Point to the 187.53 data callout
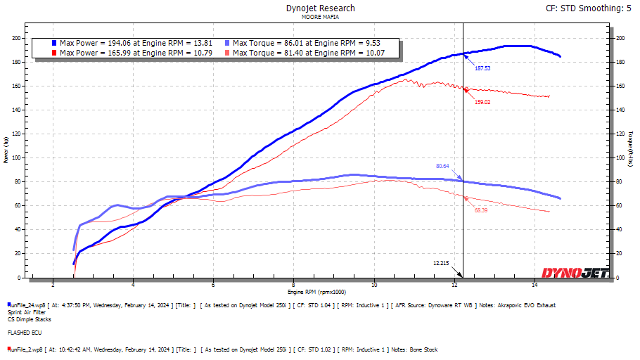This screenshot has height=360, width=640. [x=482, y=68]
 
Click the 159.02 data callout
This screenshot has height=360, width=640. [x=482, y=102]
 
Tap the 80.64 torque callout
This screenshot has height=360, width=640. [x=442, y=166]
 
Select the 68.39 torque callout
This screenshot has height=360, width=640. [x=481, y=210]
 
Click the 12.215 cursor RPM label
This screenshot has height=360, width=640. [x=441, y=263]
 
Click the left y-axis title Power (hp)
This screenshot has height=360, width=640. [x=6, y=150]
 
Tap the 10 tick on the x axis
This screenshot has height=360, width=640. [x=374, y=285]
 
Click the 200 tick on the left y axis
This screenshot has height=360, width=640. [x=18, y=38]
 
